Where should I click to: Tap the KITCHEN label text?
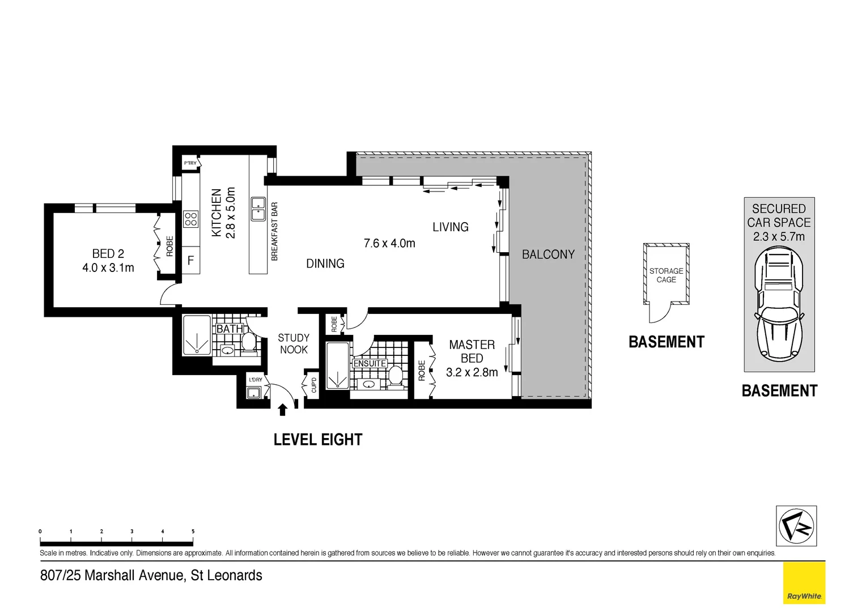pyautogui.click(x=216, y=213)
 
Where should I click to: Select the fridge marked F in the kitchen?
pyautogui.click(x=191, y=261)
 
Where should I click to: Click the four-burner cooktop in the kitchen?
pyautogui.click(x=191, y=218)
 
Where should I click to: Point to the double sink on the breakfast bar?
pyautogui.click(x=259, y=209)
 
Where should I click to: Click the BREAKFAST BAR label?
pyautogui.click(x=274, y=231)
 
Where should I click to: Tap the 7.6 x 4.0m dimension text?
pyautogui.click(x=389, y=243)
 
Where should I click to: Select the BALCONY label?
pyautogui.click(x=548, y=254)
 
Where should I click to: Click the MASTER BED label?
pyautogui.click(x=472, y=351)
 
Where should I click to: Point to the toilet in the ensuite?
pyautogui.click(x=395, y=376)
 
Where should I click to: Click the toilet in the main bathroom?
pyautogui.click(x=248, y=342)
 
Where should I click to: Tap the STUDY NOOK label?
pyautogui.click(x=294, y=344)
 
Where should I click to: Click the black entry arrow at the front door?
pyautogui.click(x=283, y=409)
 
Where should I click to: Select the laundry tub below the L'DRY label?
pyautogui.click(x=253, y=393)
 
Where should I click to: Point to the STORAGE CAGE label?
pyautogui.click(x=666, y=275)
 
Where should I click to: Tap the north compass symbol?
pyautogui.click(x=796, y=526)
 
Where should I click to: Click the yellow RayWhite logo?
pyautogui.click(x=804, y=584)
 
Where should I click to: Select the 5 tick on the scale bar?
pyautogui.click(x=193, y=532)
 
